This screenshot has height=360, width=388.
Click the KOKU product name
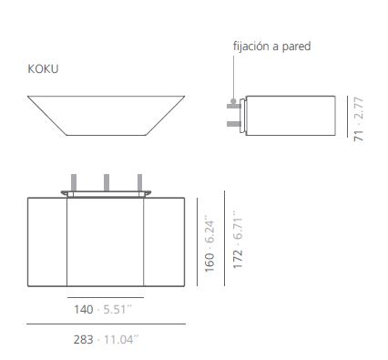(43, 69)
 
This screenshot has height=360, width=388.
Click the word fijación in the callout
(251, 46)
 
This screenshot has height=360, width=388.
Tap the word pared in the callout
(296, 46)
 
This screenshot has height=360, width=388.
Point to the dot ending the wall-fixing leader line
(233, 101)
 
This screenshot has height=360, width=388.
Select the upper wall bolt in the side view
(234, 106)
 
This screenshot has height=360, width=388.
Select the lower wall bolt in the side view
(234, 124)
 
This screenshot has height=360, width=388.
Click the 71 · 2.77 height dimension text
(359, 118)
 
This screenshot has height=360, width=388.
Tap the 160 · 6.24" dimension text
(209, 244)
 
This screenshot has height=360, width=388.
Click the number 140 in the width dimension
(84, 310)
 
